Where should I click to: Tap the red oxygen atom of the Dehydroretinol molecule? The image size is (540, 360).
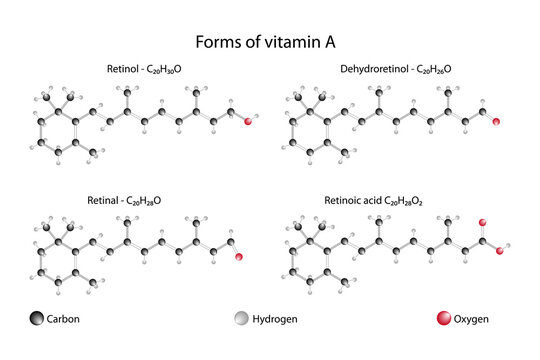[x=497, y=121]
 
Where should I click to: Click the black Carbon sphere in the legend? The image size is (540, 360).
[x=36, y=319]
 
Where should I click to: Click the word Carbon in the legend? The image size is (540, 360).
[x=63, y=320]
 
